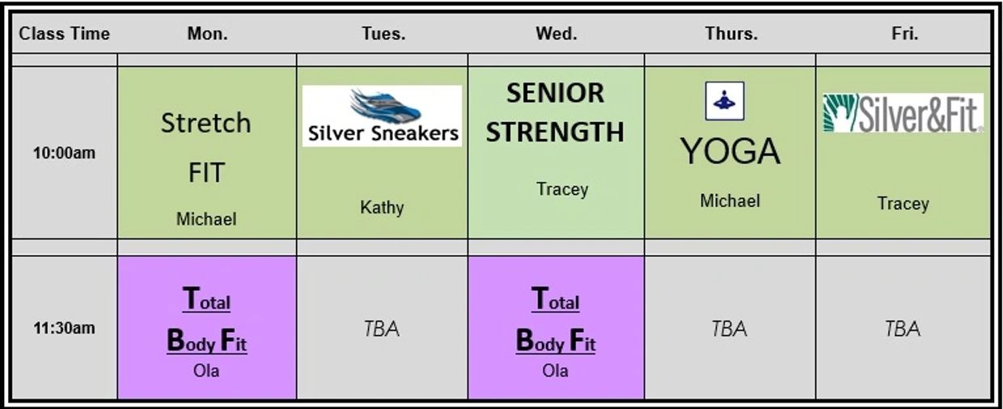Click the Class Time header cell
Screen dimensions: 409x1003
tap(64, 34)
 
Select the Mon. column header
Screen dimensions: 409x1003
tap(207, 34)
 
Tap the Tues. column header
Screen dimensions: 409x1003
tap(383, 34)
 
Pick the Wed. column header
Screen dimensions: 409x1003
tap(556, 34)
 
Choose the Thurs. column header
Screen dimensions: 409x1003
tap(730, 34)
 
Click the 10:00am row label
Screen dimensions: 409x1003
tap(64, 153)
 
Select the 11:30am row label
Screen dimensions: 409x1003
tap(64, 328)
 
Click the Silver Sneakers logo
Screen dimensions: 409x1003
tap(382, 116)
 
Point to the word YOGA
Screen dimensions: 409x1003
tap(730, 151)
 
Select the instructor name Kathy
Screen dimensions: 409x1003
tap(382, 208)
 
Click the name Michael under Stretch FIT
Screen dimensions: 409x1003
tap(206, 218)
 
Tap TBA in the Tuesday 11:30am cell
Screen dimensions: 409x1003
tap(382, 329)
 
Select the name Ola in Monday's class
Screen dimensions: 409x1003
tap(206, 372)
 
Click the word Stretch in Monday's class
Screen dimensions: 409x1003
tap(206, 124)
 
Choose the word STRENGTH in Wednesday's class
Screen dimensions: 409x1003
tap(556, 132)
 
